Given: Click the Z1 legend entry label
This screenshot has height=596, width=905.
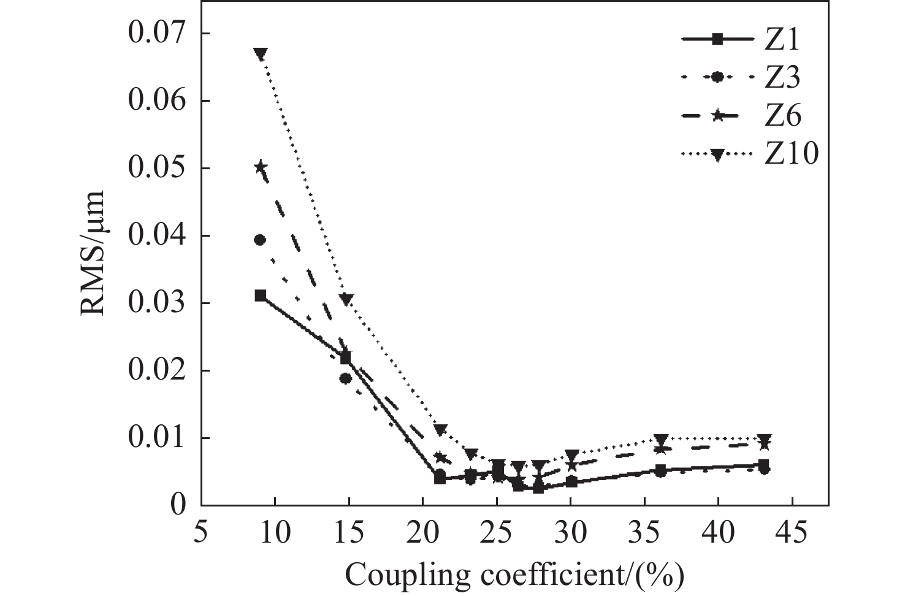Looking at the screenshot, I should tap(781, 40).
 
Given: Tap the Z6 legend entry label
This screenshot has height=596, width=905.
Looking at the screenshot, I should tap(782, 115).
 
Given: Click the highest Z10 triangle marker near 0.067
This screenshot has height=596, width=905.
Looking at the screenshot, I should tap(261, 54).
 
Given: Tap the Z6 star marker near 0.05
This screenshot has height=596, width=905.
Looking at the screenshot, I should tap(261, 167).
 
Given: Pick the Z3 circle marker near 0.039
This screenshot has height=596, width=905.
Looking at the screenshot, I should tap(260, 240).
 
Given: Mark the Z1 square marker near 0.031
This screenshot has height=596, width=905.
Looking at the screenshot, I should tap(261, 296).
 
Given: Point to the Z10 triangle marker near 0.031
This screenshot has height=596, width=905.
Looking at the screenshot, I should tap(346, 299).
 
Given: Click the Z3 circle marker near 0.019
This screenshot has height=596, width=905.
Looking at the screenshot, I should tap(346, 378).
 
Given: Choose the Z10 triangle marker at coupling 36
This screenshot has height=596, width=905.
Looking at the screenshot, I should tap(660, 440).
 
